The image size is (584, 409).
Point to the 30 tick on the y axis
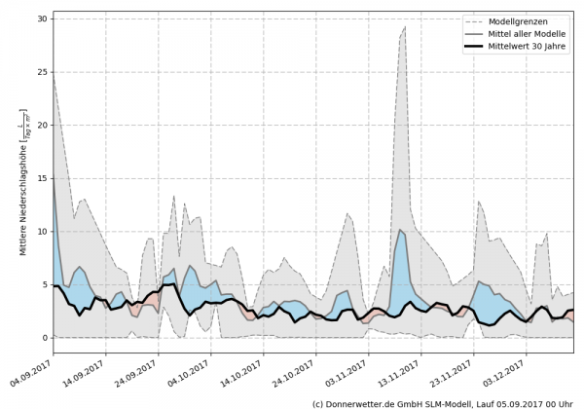click(41, 19)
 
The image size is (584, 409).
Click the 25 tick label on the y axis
click(41, 73)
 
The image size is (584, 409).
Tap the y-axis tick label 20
click(41, 126)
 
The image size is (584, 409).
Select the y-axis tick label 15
click(41, 179)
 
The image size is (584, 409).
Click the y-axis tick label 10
click(41, 232)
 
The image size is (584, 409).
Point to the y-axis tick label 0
click(44, 338)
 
